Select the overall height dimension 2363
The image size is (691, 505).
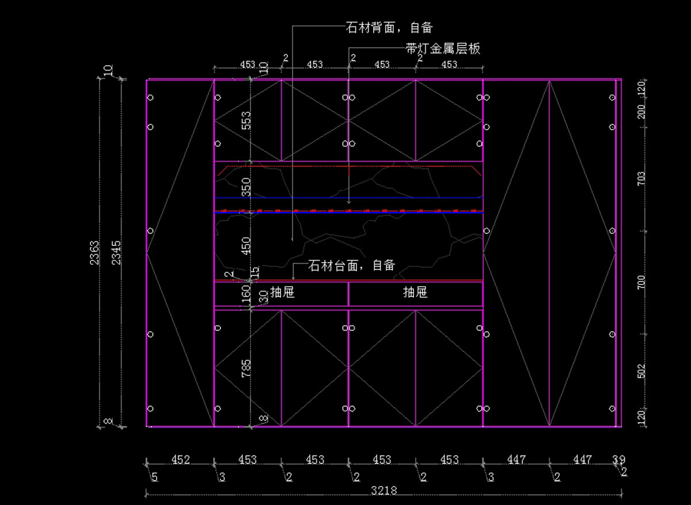point(95,252)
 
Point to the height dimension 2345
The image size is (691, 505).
point(117,252)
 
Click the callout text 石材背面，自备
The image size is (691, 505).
point(389,27)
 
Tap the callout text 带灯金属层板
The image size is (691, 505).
point(442,49)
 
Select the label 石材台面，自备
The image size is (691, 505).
point(352,265)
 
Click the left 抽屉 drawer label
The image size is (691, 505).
point(282,293)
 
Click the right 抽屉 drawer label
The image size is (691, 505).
point(415,293)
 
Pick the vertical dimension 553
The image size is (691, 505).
point(246,120)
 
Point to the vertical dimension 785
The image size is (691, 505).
point(246,369)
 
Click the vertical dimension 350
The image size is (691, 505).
point(246,187)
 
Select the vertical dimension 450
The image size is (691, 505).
point(246,245)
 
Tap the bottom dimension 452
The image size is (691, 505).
point(181,460)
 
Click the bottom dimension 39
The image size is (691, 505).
point(618,460)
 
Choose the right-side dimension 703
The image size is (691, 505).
point(641,179)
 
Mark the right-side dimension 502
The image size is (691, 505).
point(641,371)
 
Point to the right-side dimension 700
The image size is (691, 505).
point(641,282)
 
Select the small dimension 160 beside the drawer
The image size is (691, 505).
point(246,294)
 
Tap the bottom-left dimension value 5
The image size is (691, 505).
point(154,477)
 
